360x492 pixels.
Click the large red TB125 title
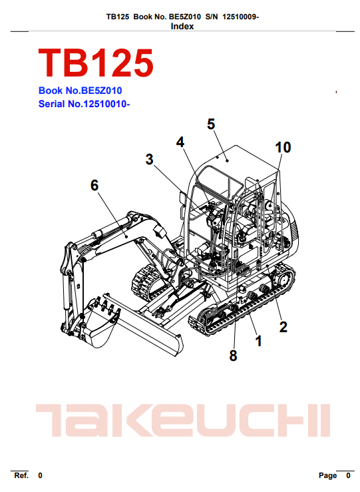pos(96,63)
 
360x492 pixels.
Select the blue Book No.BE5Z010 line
pos(80,91)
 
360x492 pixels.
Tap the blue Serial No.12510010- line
pos(84,104)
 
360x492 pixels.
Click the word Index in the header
pos(182,27)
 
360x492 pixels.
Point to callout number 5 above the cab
pos(211,124)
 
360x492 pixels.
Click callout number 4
pos(180,142)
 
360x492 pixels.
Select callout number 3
pos(150,159)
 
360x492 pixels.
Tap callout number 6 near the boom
pos(94,186)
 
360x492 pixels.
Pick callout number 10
pos(283,148)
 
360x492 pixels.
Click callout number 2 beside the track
pos(283,327)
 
